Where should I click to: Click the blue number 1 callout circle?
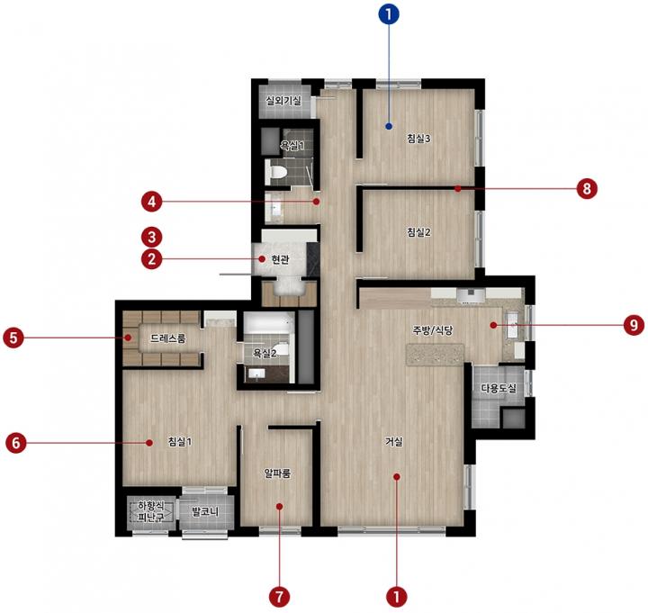tap(389, 14)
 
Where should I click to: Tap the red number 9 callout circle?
tap(634, 325)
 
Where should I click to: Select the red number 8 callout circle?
tap(587, 188)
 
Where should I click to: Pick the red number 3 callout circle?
tap(152, 238)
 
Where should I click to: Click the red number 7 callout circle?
tap(279, 597)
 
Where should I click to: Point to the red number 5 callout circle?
tap(13, 338)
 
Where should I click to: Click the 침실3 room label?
tap(418, 139)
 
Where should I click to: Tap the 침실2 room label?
tap(418, 232)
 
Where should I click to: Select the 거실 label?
tap(393, 442)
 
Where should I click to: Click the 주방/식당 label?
tap(432, 329)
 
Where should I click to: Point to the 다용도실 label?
tap(499, 388)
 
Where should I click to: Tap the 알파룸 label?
tap(277, 473)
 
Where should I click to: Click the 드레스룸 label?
tap(167, 338)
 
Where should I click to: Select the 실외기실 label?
tap(283, 101)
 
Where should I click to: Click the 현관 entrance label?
tap(280, 259)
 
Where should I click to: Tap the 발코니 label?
tap(205, 512)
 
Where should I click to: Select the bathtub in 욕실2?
tap(268, 323)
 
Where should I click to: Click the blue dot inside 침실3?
tap(389, 126)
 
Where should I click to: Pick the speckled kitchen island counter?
tap(436, 355)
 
